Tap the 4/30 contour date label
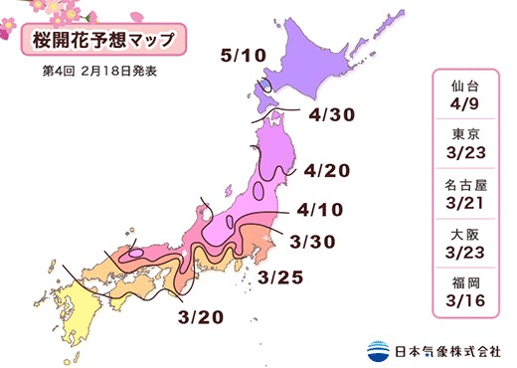(x=332, y=116)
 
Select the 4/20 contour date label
(x=328, y=170)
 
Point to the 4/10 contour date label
(x=320, y=212)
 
